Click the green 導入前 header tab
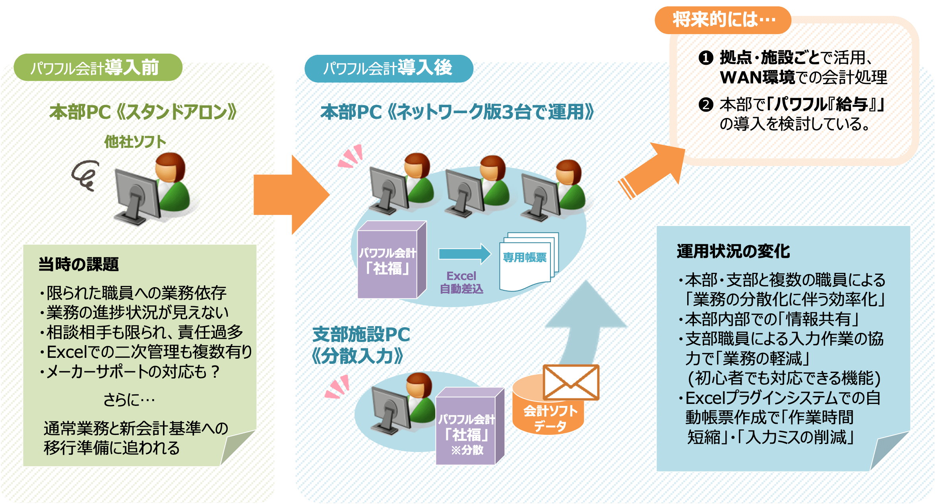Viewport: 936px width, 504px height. pyautogui.click(x=97, y=68)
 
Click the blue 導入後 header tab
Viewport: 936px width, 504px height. pyautogui.click(x=388, y=68)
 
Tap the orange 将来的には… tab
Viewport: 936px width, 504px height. pyautogui.click(x=723, y=20)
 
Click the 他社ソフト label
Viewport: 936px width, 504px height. pyautogui.click(x=135, y=142)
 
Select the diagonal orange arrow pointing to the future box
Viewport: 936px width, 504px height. pyautogui.click(x=652, y=171)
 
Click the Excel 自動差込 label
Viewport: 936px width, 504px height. pyautogui.click(x=461, y=282)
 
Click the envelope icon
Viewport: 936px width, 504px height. pyautogui.click(x=571, y=382)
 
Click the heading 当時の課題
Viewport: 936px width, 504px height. pyautogui.click(x=79, y=264)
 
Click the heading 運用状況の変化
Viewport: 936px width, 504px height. pyautogui.click(x=733, y=251)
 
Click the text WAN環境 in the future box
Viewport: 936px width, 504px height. pyautogui.click(x=757, y=77)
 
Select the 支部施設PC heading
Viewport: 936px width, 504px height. pyautogui.click(x=361, y=334)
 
